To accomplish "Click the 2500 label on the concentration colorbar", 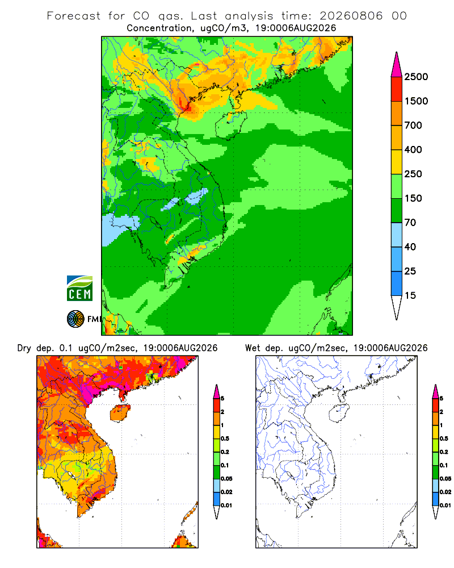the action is pyautogui.click(x=416, y=77).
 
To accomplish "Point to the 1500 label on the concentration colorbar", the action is pyautogui.click(x=416, y=101).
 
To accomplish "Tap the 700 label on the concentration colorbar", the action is pyautogui.click(x=413, y=126).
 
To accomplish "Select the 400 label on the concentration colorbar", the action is pyautogui.click(x=413, y=149).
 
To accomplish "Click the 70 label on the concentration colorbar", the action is pyautogui.click(x=410, y=223).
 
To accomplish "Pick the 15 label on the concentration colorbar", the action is pyautogui.click(x=410, y=295).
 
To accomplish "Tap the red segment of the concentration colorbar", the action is pyautogui.click(x=397, y=89).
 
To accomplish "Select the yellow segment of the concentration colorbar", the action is pyautogui.click(x=397, y=162).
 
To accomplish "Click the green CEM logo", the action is pyautogui.click(x=79, y=289).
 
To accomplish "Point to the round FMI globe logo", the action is pyautogui.click(x=75, y=319).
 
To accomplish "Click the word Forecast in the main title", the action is pyautogui.click(x=74, y=16).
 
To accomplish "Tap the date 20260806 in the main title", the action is pyautogui.click(x=351, y=16).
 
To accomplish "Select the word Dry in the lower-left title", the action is pyautogui.click(x=24, y=348).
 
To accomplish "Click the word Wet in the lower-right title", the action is pyautogui.click(x=253, y=348).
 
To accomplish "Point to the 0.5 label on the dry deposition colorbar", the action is pyautogui.click(x=225, y=438).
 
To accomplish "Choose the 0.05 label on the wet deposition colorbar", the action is pyautogui.click(x=445, y=478).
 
